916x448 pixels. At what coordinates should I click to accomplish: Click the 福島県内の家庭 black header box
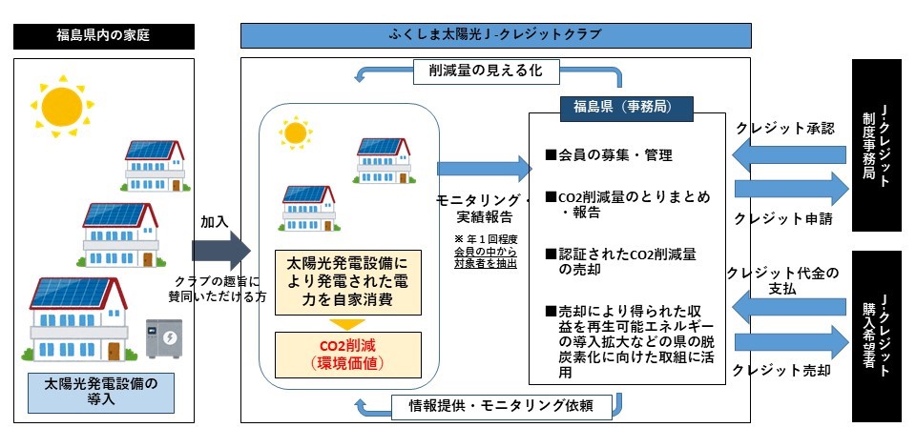(x=104, y=36)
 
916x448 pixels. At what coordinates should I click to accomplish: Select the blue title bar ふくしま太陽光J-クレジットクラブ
(x=495, y=36)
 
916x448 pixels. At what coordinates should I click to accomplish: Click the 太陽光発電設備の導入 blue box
(x=103, y=392)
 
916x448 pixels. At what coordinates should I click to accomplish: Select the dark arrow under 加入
(x=220, y=251)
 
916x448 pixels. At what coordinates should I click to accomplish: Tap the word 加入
(x=214, y=220)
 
